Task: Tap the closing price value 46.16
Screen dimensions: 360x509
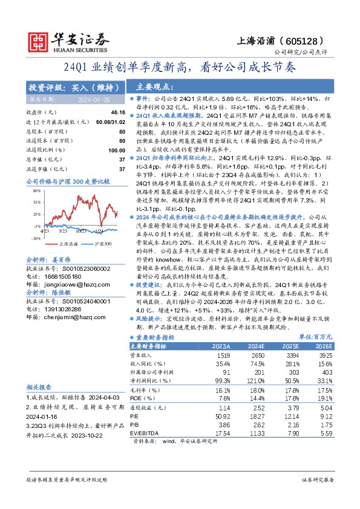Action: click(118, 112)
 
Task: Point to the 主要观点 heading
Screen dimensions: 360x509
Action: click(152, 86)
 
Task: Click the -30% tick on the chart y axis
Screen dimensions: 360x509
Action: click(36, 239)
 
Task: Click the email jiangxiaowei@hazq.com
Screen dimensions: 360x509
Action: click(68, 274)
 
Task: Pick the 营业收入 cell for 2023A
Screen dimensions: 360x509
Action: click(222, 357)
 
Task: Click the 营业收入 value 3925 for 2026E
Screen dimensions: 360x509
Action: click(326, 357)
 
